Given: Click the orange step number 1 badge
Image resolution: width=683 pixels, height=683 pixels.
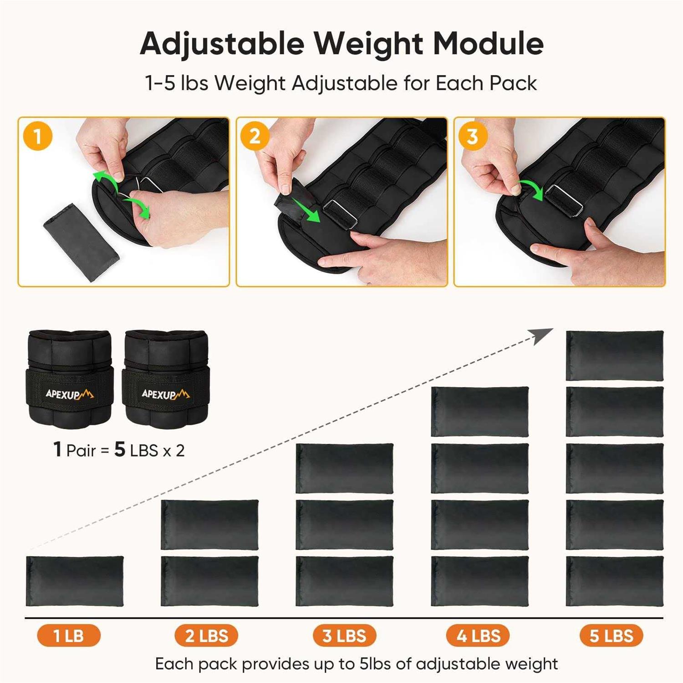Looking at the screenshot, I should point(38,136).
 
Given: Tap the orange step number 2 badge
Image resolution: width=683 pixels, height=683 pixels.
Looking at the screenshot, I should point(255,136).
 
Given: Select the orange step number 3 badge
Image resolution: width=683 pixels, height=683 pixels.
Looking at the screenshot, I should point(472,136).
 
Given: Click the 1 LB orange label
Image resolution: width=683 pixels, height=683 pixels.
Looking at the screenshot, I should point(69,636).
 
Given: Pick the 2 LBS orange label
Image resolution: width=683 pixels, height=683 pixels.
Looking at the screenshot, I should point(206,636).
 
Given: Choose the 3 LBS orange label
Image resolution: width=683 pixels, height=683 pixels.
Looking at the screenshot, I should point(344,636).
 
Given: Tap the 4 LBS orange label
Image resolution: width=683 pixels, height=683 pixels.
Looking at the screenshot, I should point(478,636).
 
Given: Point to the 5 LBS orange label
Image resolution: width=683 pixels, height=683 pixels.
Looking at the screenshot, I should point(611,636).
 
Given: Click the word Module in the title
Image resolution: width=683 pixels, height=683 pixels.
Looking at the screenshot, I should point(488,44).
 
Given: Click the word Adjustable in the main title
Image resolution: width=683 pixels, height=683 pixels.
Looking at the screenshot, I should point(222,44).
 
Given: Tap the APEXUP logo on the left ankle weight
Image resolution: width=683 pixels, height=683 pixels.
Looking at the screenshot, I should point(69,394).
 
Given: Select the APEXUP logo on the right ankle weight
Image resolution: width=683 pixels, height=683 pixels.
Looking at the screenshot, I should point(165,394).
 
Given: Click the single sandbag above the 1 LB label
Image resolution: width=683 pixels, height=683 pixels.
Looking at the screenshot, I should point(75,581).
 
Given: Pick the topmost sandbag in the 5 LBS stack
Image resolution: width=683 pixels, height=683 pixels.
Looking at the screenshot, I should point(615,356).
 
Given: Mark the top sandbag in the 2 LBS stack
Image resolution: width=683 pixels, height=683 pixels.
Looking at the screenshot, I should point(210,525).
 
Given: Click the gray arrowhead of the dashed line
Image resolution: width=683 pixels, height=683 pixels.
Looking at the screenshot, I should point(544,336).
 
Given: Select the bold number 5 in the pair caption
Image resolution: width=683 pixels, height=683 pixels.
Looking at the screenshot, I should point(120,449).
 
